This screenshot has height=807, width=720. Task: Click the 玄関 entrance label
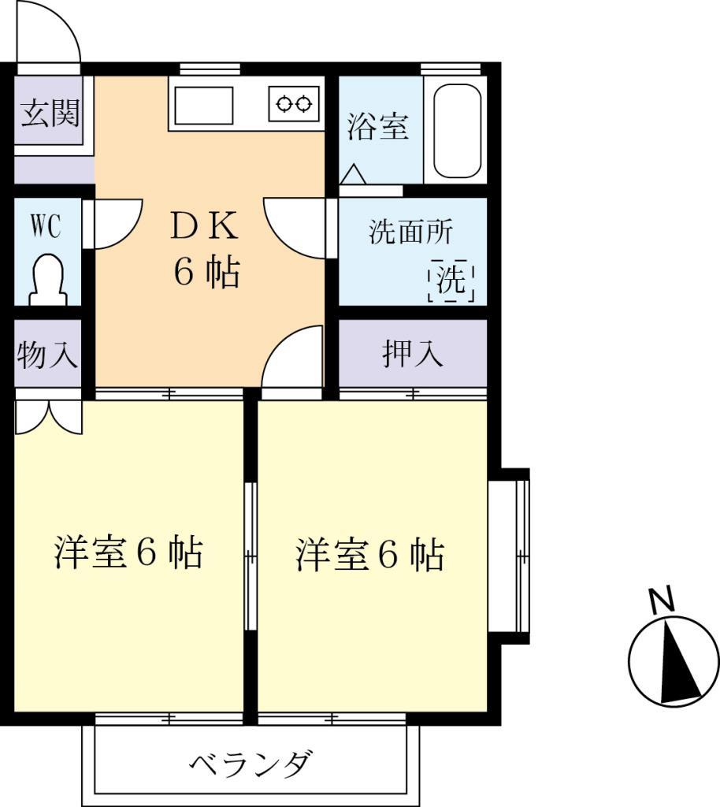point(50,113)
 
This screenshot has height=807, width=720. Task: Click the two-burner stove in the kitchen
point(294,103)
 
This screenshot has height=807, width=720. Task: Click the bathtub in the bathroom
point(457,130)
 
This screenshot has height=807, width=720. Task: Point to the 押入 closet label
point(413,355)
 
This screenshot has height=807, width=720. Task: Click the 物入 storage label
point(48,355)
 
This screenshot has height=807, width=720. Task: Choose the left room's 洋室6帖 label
point(128,553)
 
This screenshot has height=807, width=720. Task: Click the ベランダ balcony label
point(251,764)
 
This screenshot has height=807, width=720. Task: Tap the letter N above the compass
point(662,600)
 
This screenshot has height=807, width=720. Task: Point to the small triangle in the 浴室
point(352,174)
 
